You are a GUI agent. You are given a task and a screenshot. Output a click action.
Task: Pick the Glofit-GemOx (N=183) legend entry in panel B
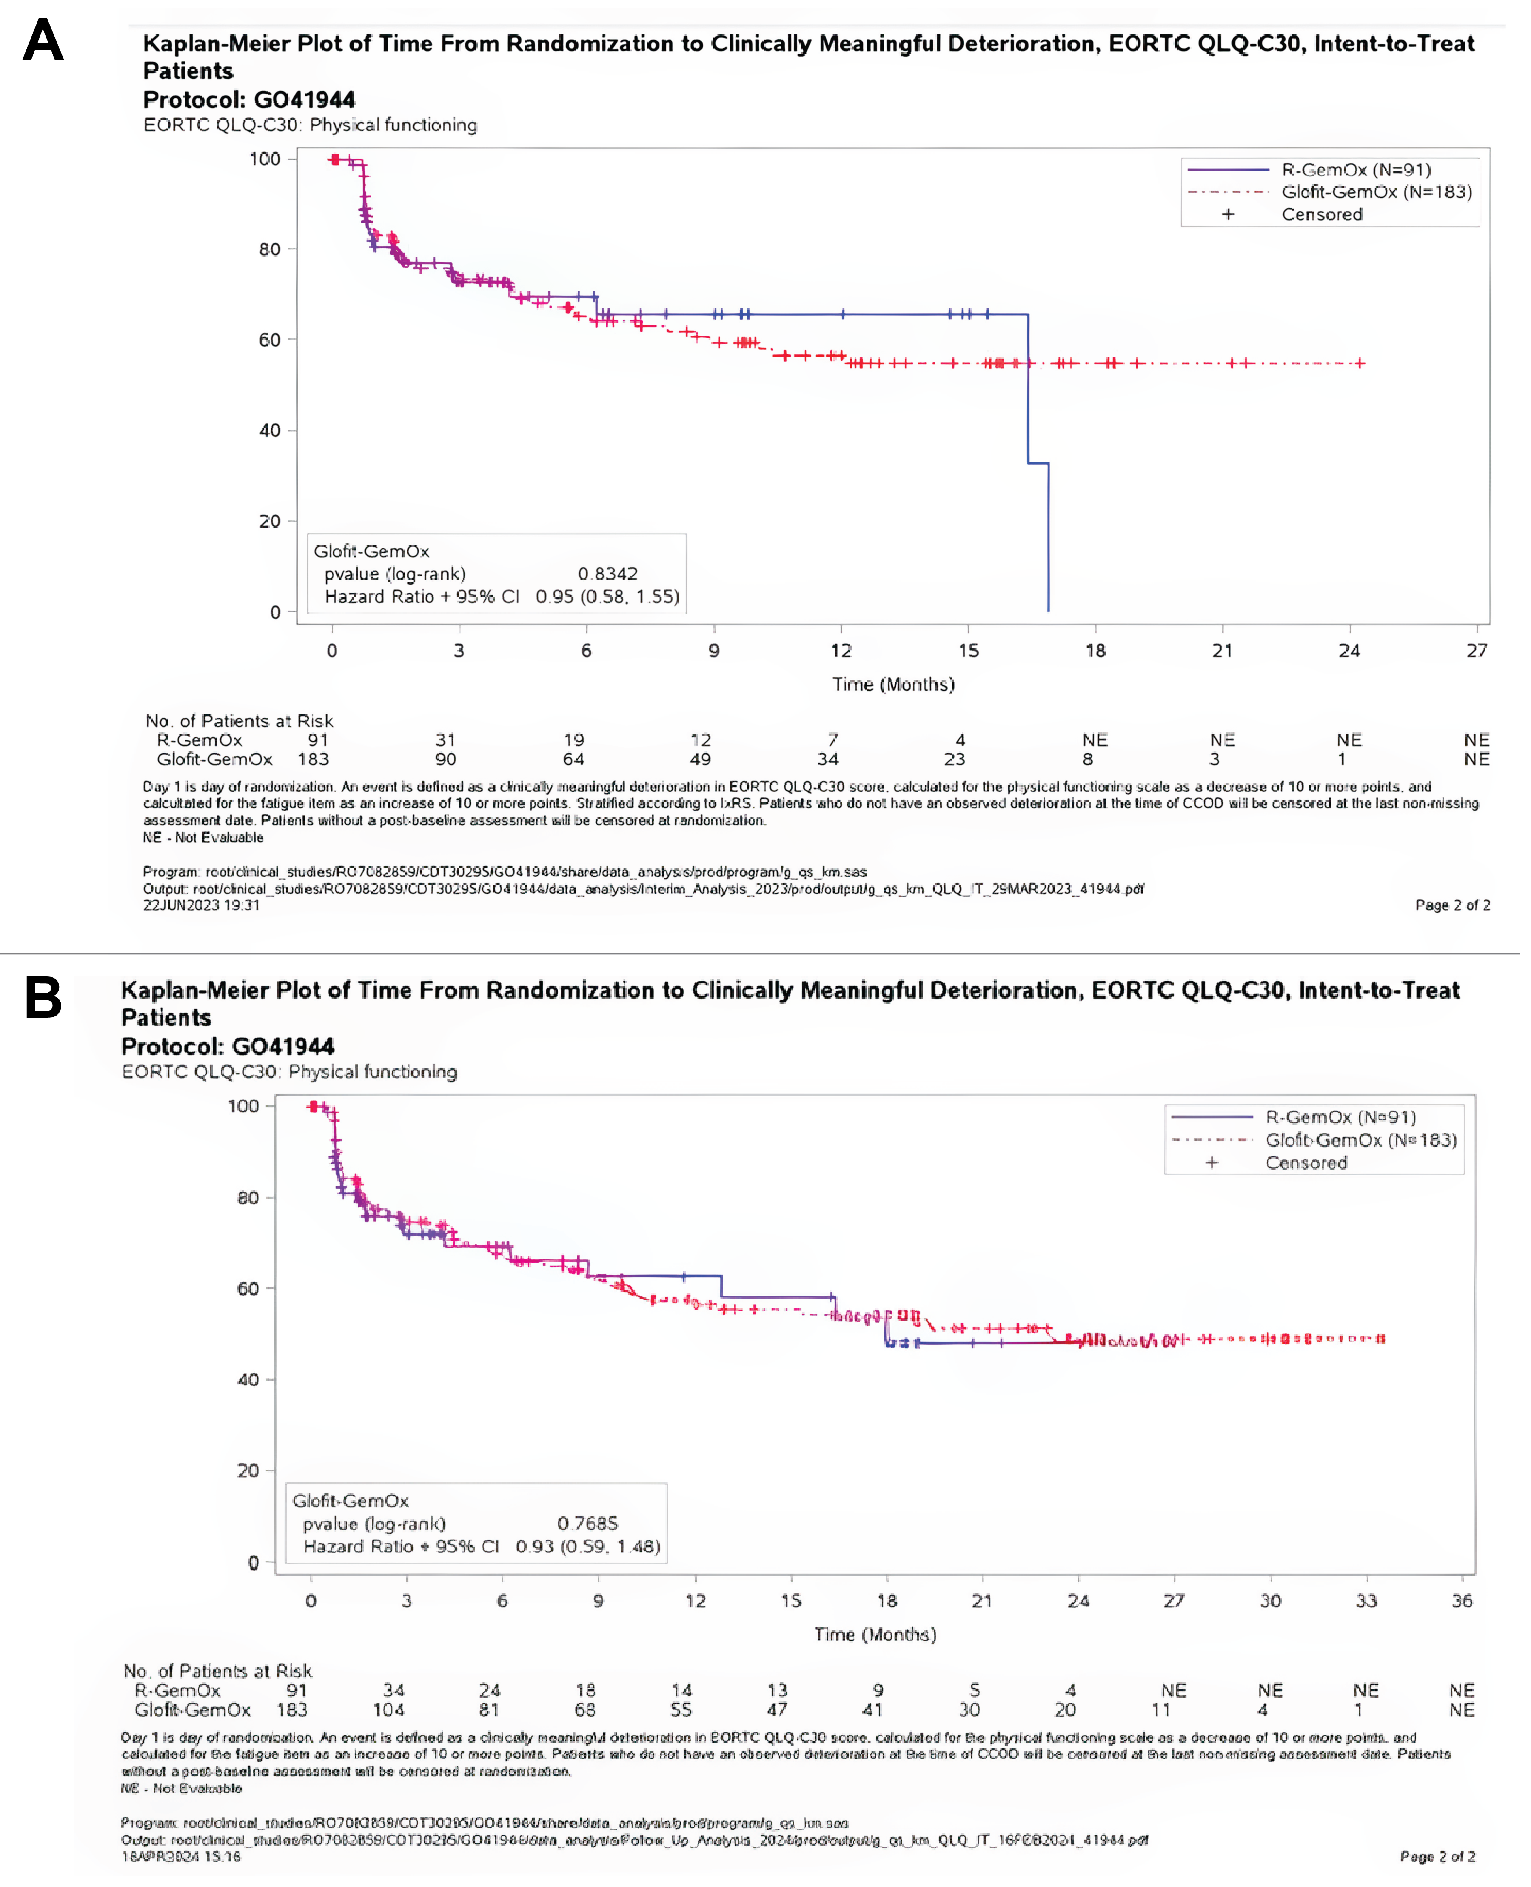(x=1361, y=1140)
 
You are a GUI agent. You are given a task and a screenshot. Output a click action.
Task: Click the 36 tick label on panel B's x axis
(x=1461, y=1600)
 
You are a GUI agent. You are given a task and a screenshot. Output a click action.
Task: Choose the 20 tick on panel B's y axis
(x=248, y=1470)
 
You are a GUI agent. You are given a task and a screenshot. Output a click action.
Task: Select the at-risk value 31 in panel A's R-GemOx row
(x=445, y=740)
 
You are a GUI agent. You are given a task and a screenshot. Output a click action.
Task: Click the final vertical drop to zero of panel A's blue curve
(x=1048, y=538)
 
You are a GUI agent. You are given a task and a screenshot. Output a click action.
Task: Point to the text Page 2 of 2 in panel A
(x=1451, y=905)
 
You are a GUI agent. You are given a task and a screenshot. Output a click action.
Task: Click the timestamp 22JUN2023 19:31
(x=201, y=905)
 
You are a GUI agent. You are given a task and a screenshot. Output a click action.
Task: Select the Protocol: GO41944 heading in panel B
(x=228, y=1046)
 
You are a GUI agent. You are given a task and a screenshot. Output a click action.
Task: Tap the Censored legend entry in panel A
(x=1321, y=214)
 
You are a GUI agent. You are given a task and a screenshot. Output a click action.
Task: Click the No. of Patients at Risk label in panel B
(x=218, y=1671)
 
